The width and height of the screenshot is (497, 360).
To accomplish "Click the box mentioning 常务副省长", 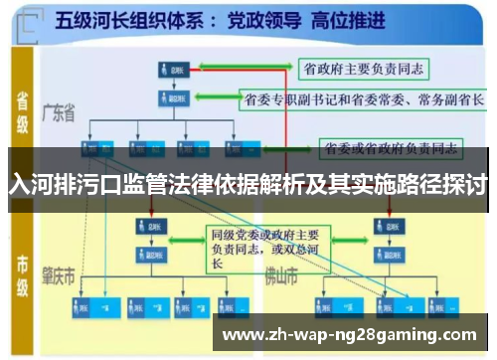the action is tap(364, 99).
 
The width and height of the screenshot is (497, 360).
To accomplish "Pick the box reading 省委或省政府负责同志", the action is tap(391, 149).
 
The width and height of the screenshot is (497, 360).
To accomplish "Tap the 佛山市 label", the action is tap(284, 275).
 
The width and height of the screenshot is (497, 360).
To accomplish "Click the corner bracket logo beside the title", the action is tap(31, 21).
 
